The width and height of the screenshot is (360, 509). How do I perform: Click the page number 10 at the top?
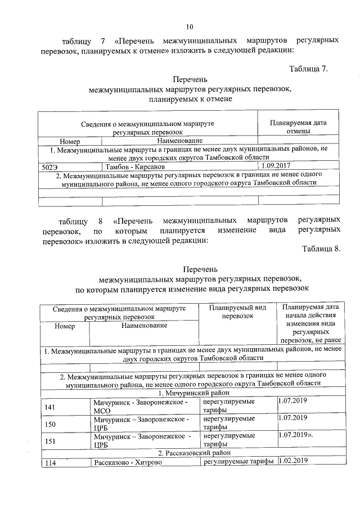(190, 26)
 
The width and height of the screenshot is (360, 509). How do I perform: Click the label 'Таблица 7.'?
(308, 69)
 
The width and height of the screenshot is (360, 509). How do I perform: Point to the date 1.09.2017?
(277, 166)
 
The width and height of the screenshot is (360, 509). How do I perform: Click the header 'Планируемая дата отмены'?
(298, 127)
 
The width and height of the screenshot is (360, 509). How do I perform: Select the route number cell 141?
(51, 407)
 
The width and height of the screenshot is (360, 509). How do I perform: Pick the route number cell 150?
(51, 424)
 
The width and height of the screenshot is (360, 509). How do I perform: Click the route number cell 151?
(51, 442)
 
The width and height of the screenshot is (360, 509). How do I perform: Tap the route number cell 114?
(51, 462)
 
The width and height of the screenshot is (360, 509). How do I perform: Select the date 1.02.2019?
(293, 461)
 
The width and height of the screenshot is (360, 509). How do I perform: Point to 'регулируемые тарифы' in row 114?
(238, 461)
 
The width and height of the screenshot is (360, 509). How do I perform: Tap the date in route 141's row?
(292, 402)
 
